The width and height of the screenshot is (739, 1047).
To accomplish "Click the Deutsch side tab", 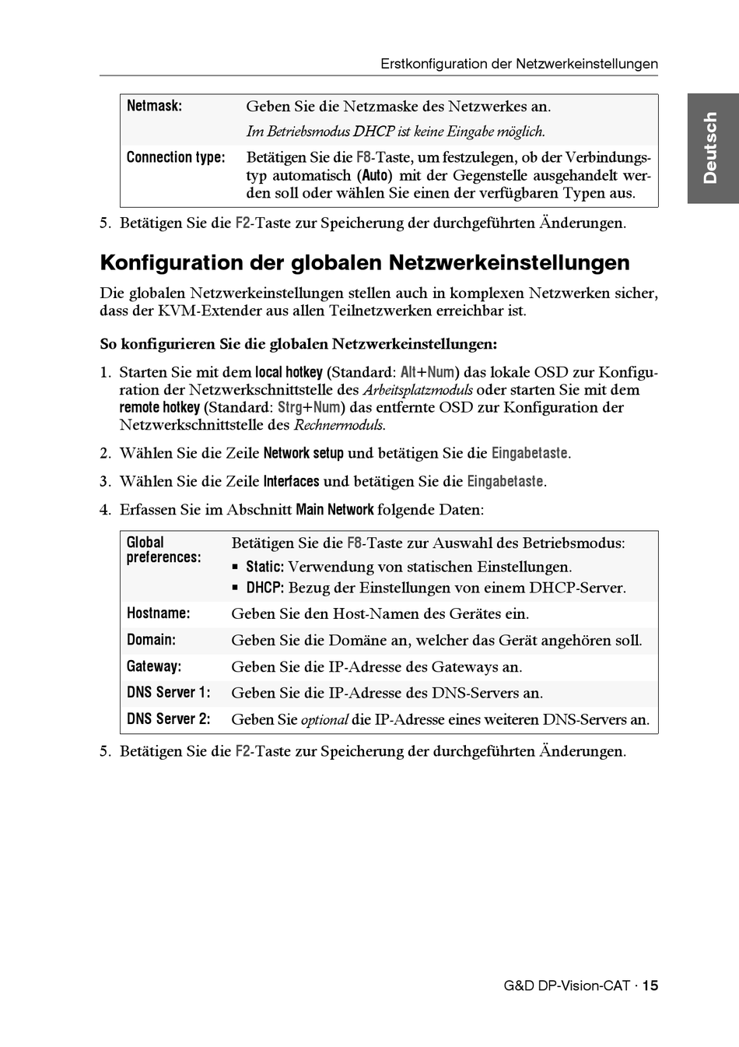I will pos(710,148).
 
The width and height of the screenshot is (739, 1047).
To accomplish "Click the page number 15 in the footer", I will pos(650,986).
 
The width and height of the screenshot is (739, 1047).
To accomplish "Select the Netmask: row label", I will pos(154,106).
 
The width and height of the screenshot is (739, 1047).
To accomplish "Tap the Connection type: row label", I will pos(176,157).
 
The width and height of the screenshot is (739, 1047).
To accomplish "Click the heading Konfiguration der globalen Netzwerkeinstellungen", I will pos(365,262).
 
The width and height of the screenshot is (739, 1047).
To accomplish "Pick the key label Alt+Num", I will pos(427,372).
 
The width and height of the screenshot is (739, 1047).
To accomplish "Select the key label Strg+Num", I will pos(309,407).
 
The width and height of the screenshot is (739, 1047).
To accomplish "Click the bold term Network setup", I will pos(303,453).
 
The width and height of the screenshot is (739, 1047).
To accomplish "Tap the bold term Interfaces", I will pos(291,481).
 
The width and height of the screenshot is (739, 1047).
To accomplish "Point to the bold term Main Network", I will pos(334,510).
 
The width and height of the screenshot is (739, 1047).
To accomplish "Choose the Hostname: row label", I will pos(158,613).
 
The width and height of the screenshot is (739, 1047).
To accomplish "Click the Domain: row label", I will pos(151,640).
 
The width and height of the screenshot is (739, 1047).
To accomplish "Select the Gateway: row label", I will pos(154,666).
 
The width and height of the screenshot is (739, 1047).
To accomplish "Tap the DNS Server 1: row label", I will pos(168,693).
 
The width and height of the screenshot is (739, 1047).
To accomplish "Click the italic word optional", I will pos(324,720).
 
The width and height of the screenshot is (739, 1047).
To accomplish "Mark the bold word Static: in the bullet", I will pos(264,567).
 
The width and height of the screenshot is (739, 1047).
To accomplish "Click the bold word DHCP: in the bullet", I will pos(264,588).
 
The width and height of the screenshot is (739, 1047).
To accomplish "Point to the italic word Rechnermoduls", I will pos(338,425).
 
